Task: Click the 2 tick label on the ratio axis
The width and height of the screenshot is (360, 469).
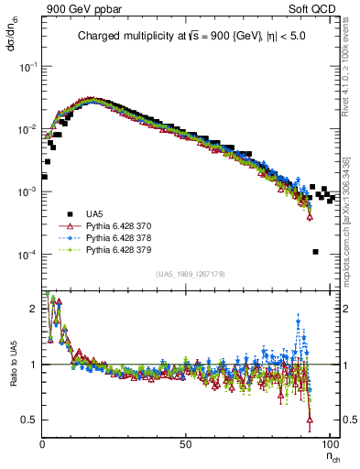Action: coord(34,309)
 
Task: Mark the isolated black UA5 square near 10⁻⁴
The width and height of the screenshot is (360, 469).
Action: coord(315,252)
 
